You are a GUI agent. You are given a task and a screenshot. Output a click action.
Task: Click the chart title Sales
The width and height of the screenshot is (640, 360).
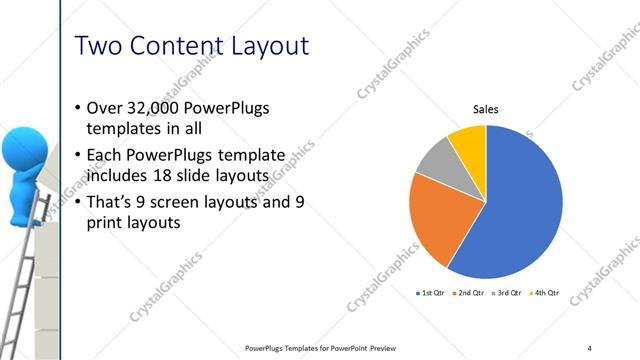[486, 109]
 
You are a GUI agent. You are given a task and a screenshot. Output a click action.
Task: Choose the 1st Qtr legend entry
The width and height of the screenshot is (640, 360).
[430, 293]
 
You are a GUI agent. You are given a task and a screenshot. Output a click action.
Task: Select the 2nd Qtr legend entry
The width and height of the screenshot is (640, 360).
[469, 293]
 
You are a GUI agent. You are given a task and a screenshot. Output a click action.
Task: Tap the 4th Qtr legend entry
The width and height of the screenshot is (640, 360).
[545, 293]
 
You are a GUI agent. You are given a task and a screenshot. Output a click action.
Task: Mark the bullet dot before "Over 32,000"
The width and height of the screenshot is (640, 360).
[79, 108]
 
